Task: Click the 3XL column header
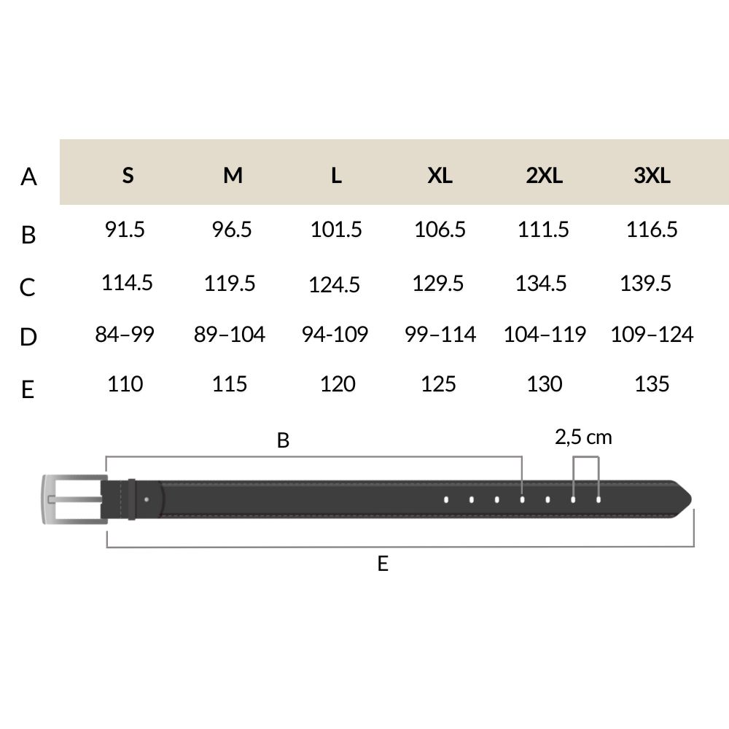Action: coord(652,175)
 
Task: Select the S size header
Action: coord(128,175)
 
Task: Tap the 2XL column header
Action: coord(544,175)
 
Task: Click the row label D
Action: coord(28,337)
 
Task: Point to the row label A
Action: coord(28,176)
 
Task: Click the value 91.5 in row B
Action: coord(125,229)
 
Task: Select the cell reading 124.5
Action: coord(335,284)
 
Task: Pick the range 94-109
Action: coord(335,335)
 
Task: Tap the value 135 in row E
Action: coord(652,384)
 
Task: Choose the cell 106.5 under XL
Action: coord(440,229)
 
